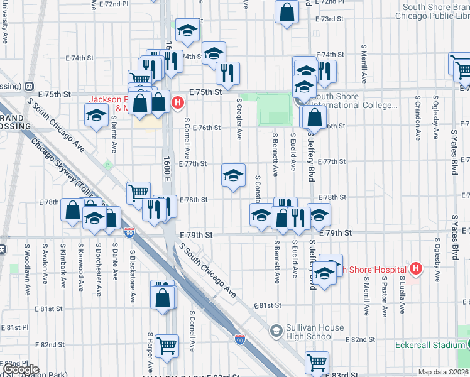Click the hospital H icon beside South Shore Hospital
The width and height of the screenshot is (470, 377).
(415, 270)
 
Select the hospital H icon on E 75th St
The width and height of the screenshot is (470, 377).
(178, 102)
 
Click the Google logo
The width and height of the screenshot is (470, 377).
(21, 369)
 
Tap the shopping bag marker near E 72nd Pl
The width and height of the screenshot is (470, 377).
(287, 12)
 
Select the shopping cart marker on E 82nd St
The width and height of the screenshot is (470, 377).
(167, 344)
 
